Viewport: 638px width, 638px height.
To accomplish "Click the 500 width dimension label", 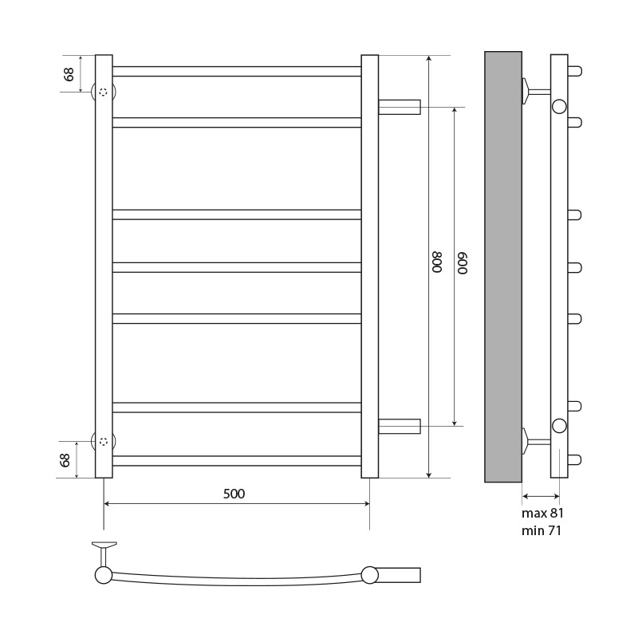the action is pos(234,494).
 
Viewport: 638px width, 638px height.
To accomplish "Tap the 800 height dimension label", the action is pos(436,262).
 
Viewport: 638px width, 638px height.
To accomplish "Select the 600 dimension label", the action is pos(463,263).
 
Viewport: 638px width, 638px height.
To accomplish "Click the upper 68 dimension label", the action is pos(69,74).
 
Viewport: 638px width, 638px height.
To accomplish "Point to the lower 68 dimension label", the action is pos(65,460).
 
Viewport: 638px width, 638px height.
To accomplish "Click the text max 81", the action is pos(542,514).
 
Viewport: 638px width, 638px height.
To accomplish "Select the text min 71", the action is pos(542,531).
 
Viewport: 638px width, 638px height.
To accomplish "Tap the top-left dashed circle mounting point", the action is pos(104,92).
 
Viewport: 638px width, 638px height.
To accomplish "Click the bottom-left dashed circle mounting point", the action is pos(104,441).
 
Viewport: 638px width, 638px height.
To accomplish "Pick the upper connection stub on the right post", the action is pos(400,107).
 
